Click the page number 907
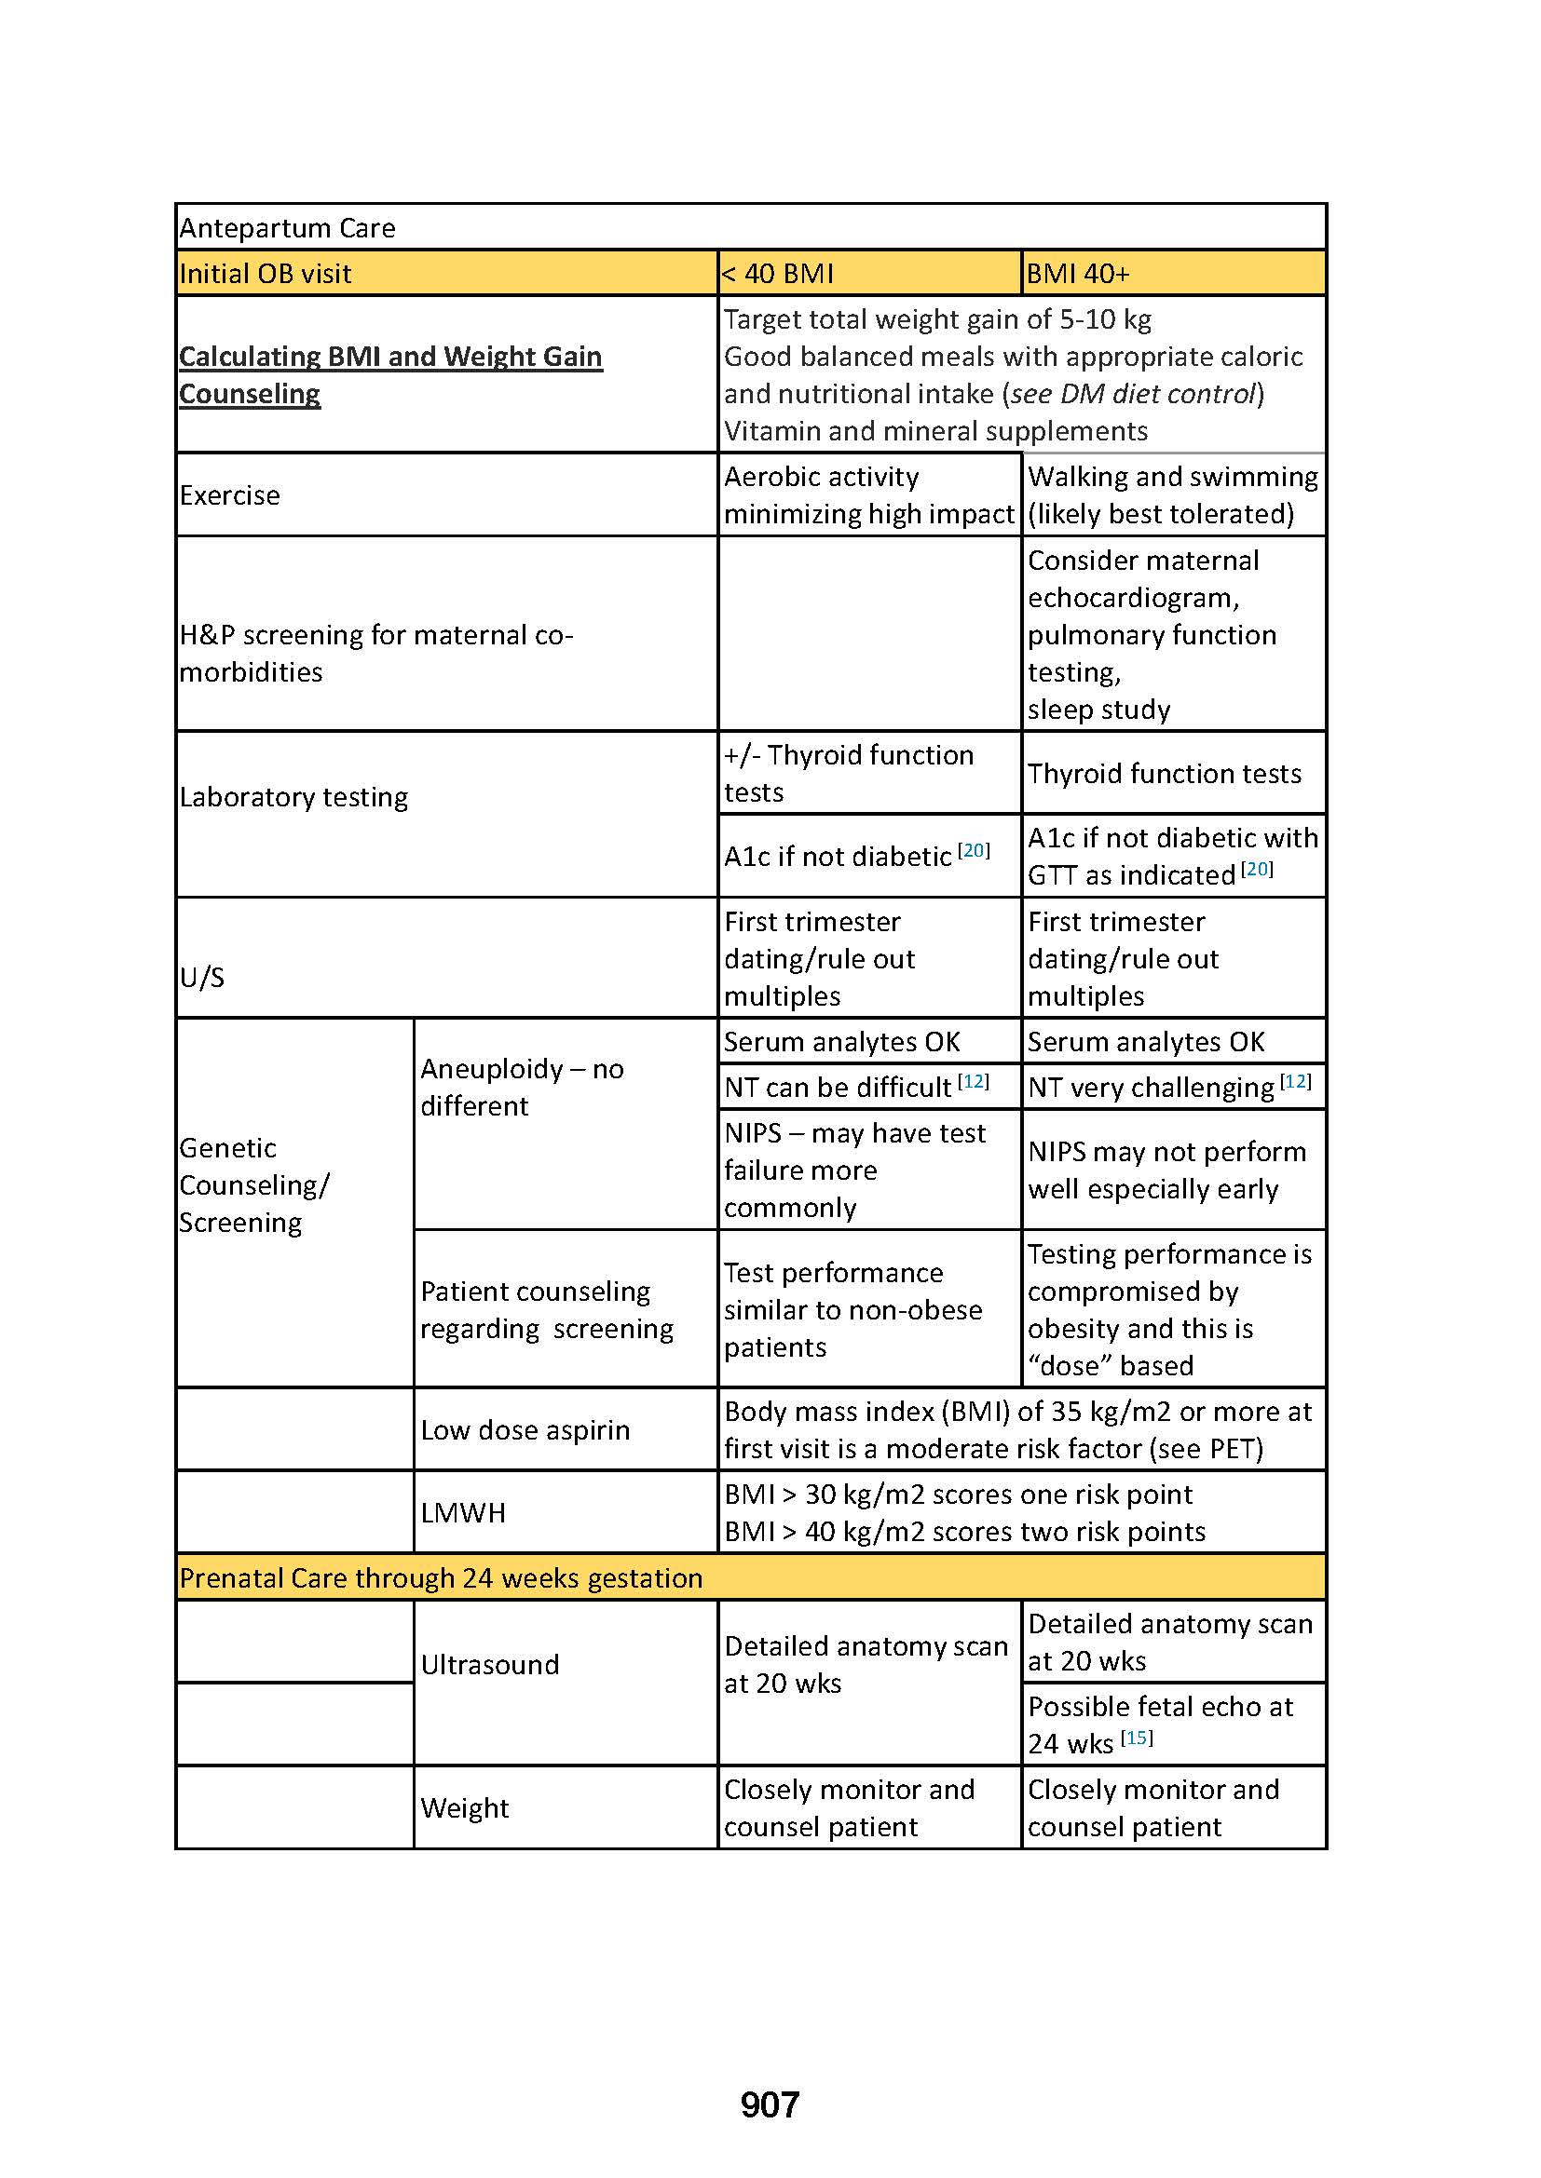(770, 2105)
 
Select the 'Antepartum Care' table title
(288, 227)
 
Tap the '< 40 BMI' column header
(778, 274)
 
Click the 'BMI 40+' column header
(1078, 274)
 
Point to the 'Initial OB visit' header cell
(266, 274)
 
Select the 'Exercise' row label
(230, 495)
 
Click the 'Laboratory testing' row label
(294, 797)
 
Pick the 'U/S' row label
(203, 977)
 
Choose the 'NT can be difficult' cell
(838, 1087)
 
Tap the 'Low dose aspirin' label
(525, 1429)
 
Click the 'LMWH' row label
(463, 1512)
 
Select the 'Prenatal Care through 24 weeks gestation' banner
(442, 1577)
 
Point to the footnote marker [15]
(1137, 1738)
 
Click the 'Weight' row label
(465, 1807)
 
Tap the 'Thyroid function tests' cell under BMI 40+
(1165, 774)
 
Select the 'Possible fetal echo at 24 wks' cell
(1160, 1725)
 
